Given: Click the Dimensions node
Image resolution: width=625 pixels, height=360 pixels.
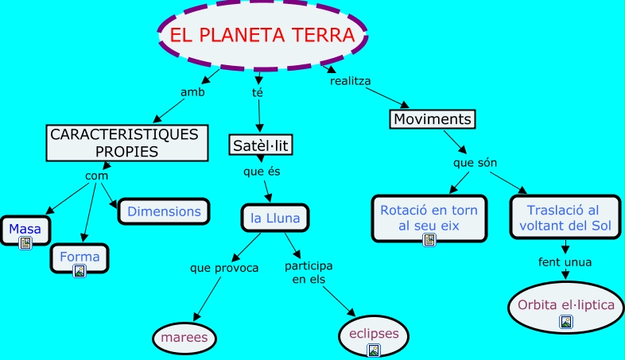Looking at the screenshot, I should (x=164, y=211).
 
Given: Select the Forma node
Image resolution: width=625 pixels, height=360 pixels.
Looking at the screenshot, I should (x=80, y=257).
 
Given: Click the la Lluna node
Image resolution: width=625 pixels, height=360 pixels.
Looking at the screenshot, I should (x=274, y=217).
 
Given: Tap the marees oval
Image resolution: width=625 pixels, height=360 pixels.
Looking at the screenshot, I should (x=184, y=338).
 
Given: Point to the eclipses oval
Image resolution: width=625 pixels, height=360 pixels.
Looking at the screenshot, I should (x=374, y=333).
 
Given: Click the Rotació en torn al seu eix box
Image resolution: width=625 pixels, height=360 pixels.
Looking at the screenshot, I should (x=429, y=218).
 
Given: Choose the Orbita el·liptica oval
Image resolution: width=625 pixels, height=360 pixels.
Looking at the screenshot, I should (x=565, y=305).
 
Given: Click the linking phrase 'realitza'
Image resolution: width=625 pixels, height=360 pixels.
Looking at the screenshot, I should (x=351, y=80).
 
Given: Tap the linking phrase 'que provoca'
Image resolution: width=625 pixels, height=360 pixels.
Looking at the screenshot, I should (x=224, y=268).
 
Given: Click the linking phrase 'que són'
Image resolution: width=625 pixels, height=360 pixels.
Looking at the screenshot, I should (x=475, y=163).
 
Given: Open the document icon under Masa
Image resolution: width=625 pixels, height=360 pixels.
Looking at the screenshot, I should (x=25, y=243).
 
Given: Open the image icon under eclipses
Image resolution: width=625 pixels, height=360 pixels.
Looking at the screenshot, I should (x=373, y=350).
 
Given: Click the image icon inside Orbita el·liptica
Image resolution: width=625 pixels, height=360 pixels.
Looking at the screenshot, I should (x=565, y=321).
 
